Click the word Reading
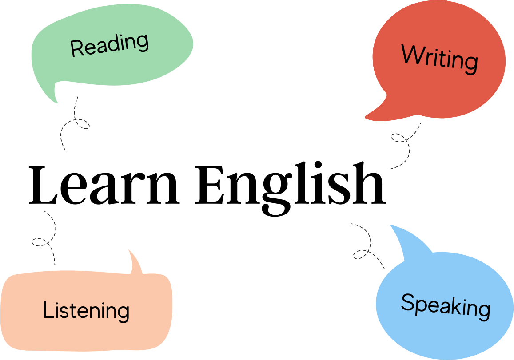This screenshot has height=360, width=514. [x=109, y=45]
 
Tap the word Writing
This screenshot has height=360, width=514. [x=439, y=59]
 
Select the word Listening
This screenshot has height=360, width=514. [x=86, y=310]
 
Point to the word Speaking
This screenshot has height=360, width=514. [x=446, y=306]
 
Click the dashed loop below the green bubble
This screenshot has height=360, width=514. [x=80, y=123]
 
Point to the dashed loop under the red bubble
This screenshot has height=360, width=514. [x=399, y=138]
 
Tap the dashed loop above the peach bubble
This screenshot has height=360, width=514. [x=41, y=242]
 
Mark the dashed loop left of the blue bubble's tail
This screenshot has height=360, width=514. [x=361, y=254]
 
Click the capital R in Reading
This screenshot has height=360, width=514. [x=76, y=48]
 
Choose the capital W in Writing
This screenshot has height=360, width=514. [x=411, y=54]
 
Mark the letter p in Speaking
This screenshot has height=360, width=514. [x=418, y=306]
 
